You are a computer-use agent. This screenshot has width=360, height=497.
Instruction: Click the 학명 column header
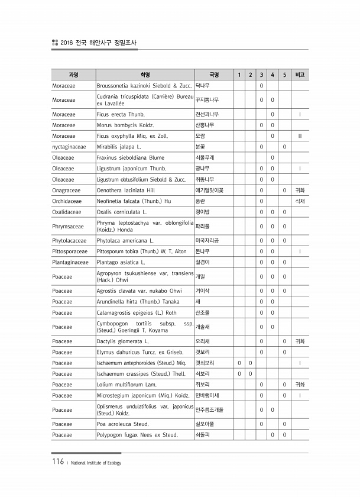coord(145,75)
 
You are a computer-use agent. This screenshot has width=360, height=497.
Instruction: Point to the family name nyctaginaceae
coord(69,146)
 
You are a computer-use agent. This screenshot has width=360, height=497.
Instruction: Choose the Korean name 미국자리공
coord(207,241)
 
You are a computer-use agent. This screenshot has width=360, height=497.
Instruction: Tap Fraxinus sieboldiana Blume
coord(130,157)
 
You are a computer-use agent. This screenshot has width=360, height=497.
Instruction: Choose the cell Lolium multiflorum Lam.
coord(126,385)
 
